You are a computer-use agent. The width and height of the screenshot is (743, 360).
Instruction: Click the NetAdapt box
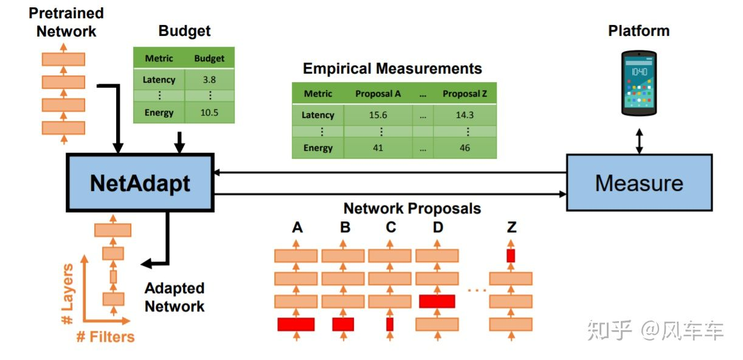[140, 183]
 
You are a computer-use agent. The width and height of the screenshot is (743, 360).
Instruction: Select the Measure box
[638, 182]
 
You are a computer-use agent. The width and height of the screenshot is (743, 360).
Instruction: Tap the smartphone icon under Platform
[638, 83]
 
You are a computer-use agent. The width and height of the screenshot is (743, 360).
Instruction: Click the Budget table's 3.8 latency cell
[209, 80]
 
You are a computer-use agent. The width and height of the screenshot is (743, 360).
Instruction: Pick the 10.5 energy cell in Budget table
[209, 112]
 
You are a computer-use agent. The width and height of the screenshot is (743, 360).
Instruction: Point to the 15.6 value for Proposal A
[378, 115]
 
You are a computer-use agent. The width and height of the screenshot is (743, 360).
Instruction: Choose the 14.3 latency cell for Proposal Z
[465, 115]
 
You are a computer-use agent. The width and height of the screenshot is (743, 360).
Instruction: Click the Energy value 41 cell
[378, 148]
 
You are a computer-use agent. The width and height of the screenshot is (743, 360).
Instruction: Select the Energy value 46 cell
[465, 148]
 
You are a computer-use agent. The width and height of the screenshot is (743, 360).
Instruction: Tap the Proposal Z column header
[465, 94]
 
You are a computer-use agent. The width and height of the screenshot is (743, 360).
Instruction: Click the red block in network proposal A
[295, 325]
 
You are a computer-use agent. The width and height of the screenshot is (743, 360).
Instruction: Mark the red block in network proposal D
[437, 302]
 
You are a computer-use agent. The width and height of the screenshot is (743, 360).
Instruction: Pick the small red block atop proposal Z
[511, 255]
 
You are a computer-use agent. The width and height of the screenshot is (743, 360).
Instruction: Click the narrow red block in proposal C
[390, 325]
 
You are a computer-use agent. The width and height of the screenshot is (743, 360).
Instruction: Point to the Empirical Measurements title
[392, 69]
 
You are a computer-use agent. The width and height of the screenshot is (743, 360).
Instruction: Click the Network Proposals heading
[412, 209]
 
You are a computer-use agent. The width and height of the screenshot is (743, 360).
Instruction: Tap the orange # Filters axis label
[105, 337]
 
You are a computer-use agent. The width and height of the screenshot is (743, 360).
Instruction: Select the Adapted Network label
[175, 297]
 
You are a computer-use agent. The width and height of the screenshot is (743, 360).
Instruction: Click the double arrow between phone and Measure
[638, 140]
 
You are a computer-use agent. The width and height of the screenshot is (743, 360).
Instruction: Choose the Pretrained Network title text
[66, 22]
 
